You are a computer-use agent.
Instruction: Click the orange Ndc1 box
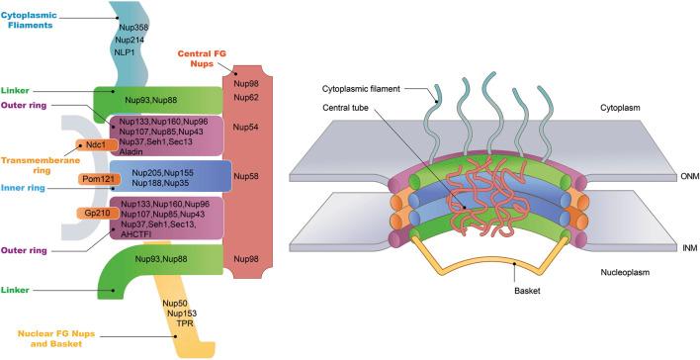pos(96,144)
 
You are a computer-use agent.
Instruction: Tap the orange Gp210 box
pos(96,213)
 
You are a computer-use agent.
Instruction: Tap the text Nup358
pos(132,27)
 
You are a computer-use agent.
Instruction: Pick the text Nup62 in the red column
pos(245,97)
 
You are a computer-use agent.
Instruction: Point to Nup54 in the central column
pos(245,128)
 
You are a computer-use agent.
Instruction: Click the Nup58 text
pos(245,178)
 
